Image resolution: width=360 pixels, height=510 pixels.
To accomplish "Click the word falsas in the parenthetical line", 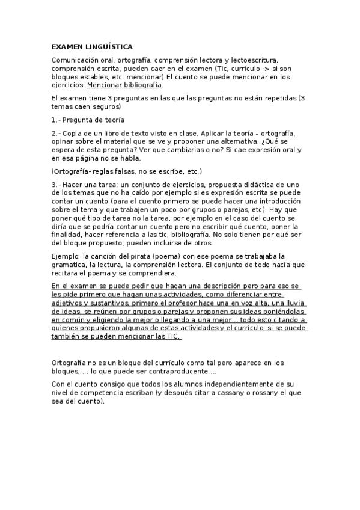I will [x=123, y=171].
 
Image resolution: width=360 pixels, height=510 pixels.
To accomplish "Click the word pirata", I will [x=139, y=256].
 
